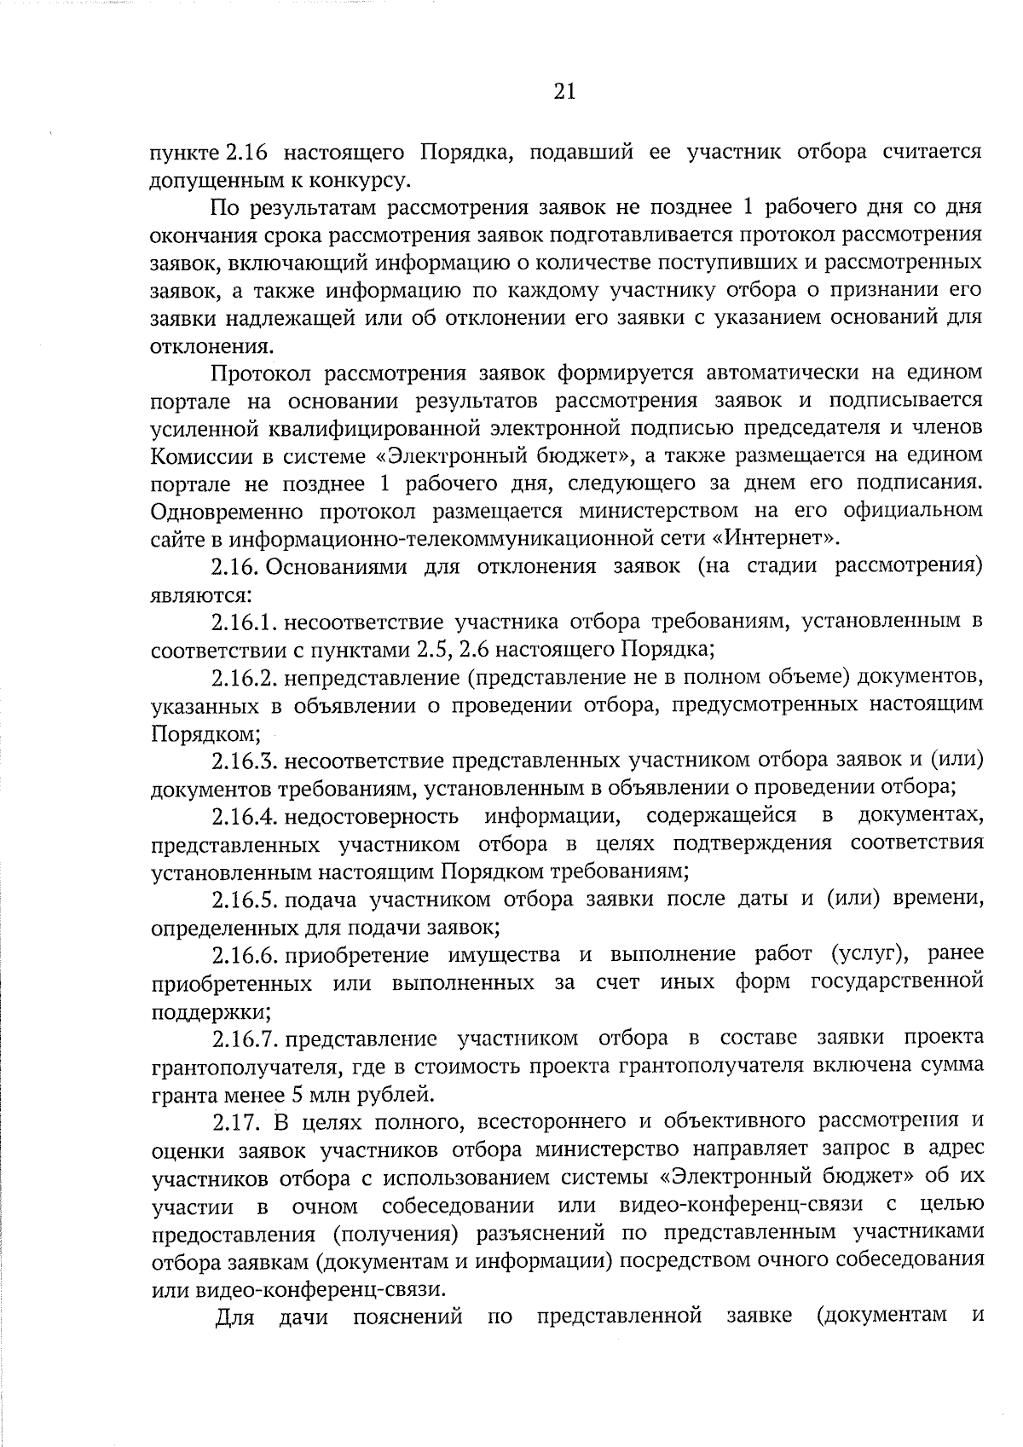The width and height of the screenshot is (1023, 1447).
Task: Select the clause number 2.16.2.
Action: tap(246, 677)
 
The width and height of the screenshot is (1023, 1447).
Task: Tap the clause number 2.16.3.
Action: tap(246, 760)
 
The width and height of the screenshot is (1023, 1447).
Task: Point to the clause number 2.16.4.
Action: tap(246, 816)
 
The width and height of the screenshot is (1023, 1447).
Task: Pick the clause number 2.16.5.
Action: tap(246, 899)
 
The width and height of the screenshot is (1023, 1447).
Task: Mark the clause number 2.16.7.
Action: tap(246, 1038)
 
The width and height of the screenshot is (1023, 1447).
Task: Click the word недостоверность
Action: tap(372, 816)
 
